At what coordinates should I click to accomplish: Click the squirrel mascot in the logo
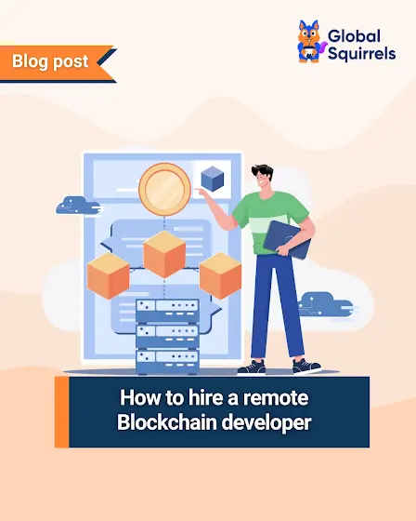tap(310, 42)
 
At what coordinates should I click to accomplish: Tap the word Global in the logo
tap(354, 36)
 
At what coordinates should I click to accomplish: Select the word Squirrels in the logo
tap(361, 54)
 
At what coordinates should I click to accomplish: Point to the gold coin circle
tap(164, 190)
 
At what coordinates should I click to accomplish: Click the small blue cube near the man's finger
tap(213, 179)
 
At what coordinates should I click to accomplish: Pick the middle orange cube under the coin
tap(164, 254)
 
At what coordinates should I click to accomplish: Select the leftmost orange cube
tap(108, 275)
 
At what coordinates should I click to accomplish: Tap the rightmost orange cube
tap(220, 275)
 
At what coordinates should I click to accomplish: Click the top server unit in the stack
tap(167, 310)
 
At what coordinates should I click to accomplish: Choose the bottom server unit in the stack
tap(167, 362)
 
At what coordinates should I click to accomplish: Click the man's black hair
tap(262, 171)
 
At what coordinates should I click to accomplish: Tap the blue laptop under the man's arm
tap(287, 239)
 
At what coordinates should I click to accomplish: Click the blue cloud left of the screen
tap(79, 206)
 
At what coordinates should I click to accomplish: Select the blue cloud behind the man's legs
tap(327, 304)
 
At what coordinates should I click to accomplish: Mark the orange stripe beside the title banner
tap(62, 412)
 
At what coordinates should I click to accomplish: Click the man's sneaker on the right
tap(306, 367)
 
